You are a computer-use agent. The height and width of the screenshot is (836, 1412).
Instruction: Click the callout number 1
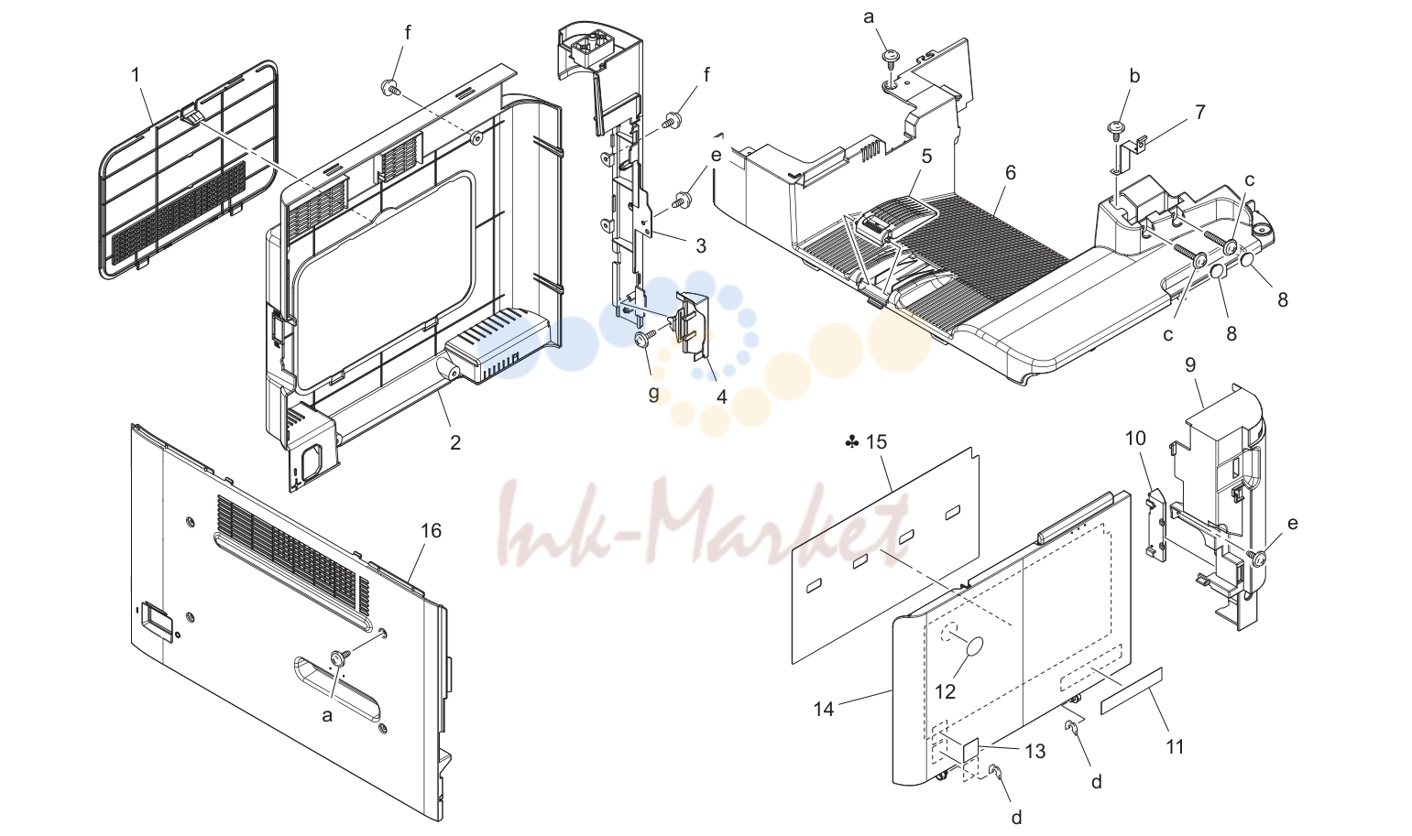136,76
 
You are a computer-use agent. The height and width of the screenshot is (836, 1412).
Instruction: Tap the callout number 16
432,530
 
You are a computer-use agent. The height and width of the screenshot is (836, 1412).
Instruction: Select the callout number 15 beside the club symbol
876,442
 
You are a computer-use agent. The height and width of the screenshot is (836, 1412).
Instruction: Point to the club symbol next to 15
851,443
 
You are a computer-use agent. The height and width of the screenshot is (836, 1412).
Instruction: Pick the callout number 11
1175,747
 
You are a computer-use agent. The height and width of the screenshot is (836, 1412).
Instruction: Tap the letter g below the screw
653,394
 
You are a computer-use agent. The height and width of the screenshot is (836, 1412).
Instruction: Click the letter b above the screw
1134,76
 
